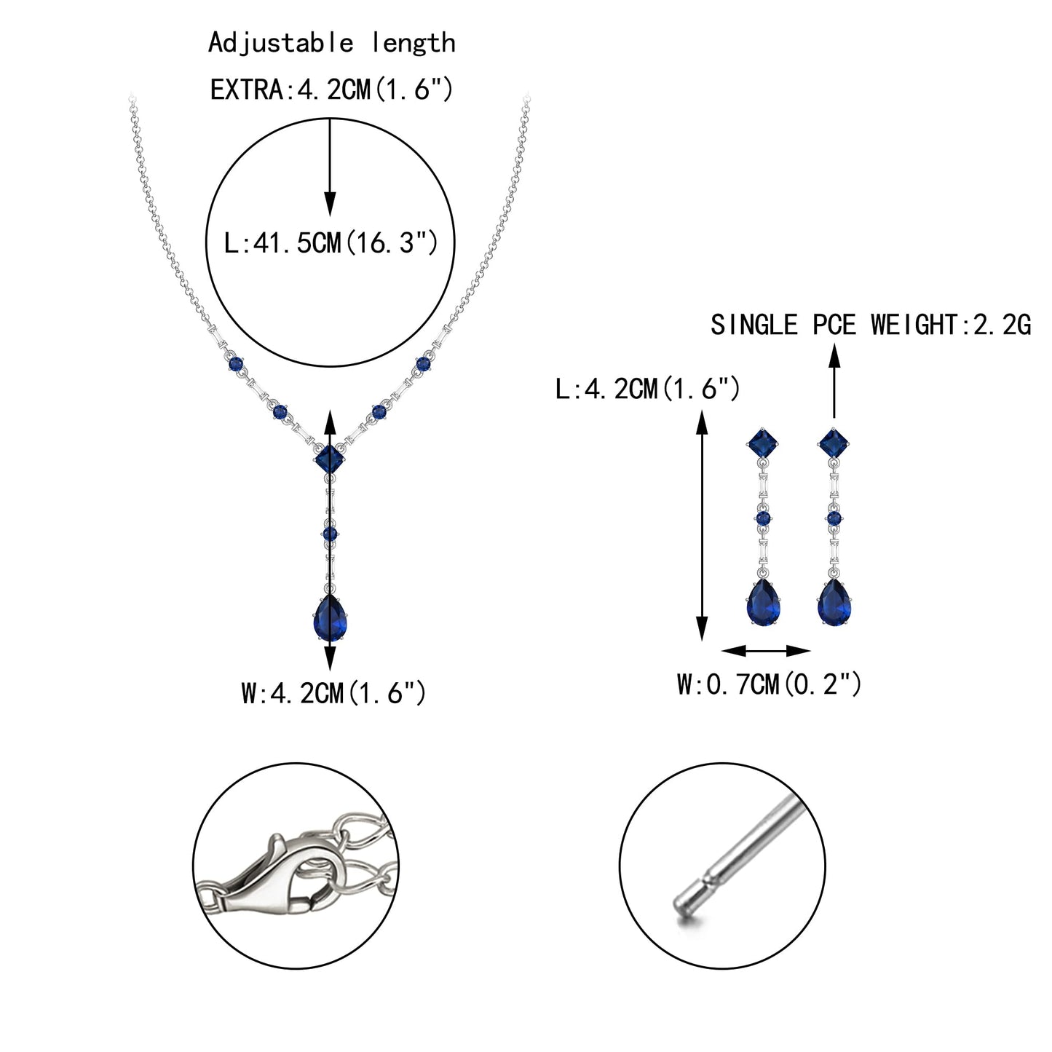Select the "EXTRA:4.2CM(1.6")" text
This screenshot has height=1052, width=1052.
point(331,90)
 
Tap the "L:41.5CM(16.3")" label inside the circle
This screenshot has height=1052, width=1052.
point(331,242)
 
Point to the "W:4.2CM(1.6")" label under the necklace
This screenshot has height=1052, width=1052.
point(333,693)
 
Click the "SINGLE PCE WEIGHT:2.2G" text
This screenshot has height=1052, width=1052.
point(870,325)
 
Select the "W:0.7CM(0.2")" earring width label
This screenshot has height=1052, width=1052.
point(769,684)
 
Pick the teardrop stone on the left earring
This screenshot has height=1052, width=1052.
point(763,602)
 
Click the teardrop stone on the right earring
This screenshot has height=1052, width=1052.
point(834,602)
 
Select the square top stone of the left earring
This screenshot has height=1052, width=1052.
point(763,444)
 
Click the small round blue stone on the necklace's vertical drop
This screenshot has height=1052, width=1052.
point(330,534)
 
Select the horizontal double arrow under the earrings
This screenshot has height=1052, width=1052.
point(766,651)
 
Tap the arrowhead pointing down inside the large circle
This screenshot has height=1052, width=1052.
point(330,203)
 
